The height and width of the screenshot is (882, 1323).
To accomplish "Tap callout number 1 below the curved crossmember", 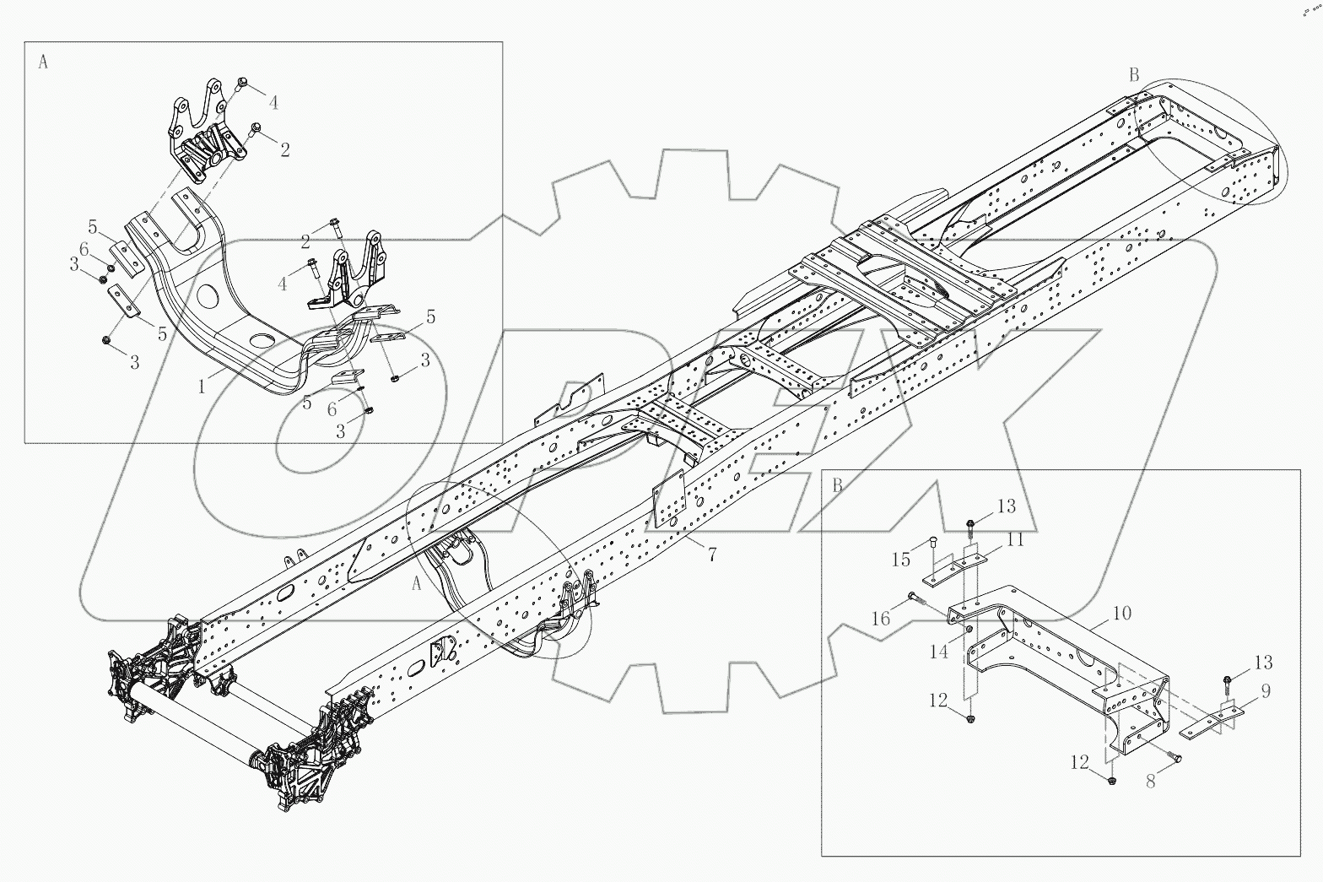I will coord(202,387).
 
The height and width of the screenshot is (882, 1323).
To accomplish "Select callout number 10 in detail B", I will coord(1121,613).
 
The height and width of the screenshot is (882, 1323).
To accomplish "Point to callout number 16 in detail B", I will coord(881,620).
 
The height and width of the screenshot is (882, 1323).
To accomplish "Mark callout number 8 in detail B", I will coord(1150,782).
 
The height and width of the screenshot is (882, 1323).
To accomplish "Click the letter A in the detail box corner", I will coord(43,62).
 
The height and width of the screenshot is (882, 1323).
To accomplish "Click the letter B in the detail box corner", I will coord(837,486).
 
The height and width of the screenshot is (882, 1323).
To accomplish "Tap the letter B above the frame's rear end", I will coord(1134,75).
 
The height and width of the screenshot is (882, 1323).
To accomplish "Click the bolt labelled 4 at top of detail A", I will coord(241,82).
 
